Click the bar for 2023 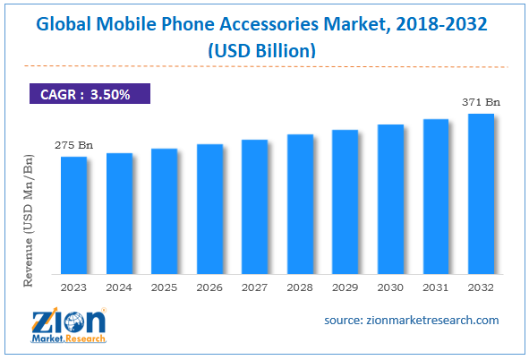(x=74, y=215)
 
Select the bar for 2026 (x=209, y=209)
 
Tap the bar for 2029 (x=345, y=201)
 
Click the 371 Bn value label (x=482, y=103)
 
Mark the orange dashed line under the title (x=263, y=65)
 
